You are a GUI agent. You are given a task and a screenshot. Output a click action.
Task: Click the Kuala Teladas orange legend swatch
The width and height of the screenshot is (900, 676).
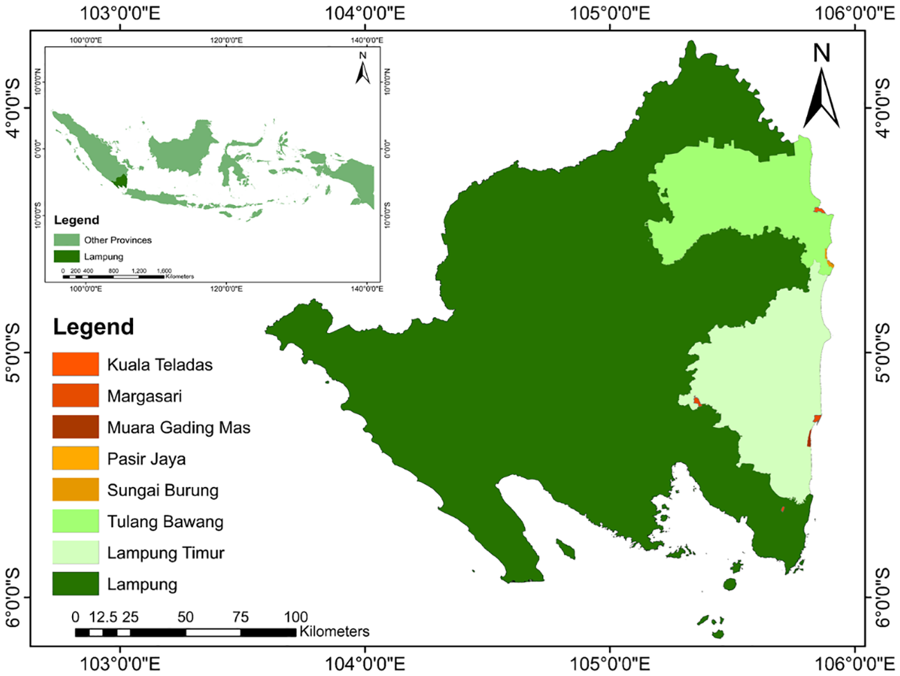point(76,364)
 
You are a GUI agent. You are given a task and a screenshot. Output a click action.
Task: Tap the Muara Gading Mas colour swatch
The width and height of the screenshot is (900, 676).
point(76,427)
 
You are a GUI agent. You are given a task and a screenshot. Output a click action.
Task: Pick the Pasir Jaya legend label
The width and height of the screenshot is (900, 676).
point(146,459)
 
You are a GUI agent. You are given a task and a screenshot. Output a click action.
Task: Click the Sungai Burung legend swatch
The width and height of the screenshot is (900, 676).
point(76,490)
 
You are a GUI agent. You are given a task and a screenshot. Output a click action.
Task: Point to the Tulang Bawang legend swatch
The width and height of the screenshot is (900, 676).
point(76,521)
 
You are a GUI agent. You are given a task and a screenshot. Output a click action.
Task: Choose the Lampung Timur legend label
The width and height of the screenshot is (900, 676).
point(166,553)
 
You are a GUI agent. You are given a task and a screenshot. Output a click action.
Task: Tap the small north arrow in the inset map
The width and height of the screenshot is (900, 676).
point(362,68)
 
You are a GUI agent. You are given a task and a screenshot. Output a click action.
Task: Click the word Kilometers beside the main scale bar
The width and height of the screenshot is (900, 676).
point(334,631)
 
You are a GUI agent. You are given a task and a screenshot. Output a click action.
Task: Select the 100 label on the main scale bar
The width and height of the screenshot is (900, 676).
point(295,616)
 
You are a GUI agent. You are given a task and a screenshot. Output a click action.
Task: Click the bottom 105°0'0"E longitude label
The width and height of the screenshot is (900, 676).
point(610,664)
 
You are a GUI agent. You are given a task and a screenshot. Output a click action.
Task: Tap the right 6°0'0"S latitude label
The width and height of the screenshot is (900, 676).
point(883,597)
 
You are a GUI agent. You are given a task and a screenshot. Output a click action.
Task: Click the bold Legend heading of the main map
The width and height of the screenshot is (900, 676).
point(94,327)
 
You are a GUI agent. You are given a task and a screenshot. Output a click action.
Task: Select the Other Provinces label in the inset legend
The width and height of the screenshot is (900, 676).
point(118,240)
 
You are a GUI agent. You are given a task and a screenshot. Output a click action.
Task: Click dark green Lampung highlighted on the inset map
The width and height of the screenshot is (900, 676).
point(121,181)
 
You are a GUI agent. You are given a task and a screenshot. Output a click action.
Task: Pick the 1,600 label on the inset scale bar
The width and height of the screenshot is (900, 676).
point(164,271)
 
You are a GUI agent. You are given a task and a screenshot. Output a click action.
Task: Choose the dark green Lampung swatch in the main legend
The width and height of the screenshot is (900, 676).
point(76,584)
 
